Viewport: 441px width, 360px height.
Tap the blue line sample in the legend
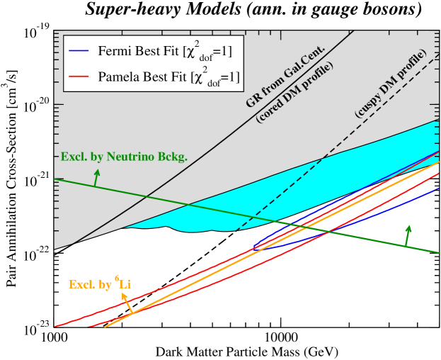click(x=78, y=51)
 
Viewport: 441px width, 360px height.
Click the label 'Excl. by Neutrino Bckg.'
click(x=124, y=157)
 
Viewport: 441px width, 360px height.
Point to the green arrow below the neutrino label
click(x=96, y=177)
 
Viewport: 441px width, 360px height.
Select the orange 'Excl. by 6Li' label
click(x=100, y=284)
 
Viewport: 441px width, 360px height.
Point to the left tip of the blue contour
click(x=253, y=248)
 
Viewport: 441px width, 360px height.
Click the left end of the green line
click(x=56, y=179)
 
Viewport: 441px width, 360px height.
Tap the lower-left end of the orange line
click(x=105, y=327)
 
